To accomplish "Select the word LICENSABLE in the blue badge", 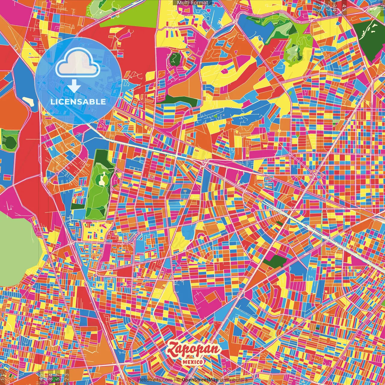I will point(78,102).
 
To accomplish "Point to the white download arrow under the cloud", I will point(74,87).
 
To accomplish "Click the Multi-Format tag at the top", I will point(192,3).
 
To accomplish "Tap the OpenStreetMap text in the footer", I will point(200,380).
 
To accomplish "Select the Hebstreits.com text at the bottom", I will point(155,380).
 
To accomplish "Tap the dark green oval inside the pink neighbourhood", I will point(174,59).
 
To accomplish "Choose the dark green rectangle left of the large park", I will point(76,207).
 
